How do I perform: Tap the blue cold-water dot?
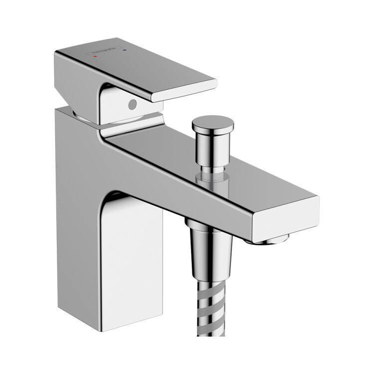(125, 50)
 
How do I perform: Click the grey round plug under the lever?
(132, 105)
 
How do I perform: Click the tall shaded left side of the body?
(80, 209)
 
